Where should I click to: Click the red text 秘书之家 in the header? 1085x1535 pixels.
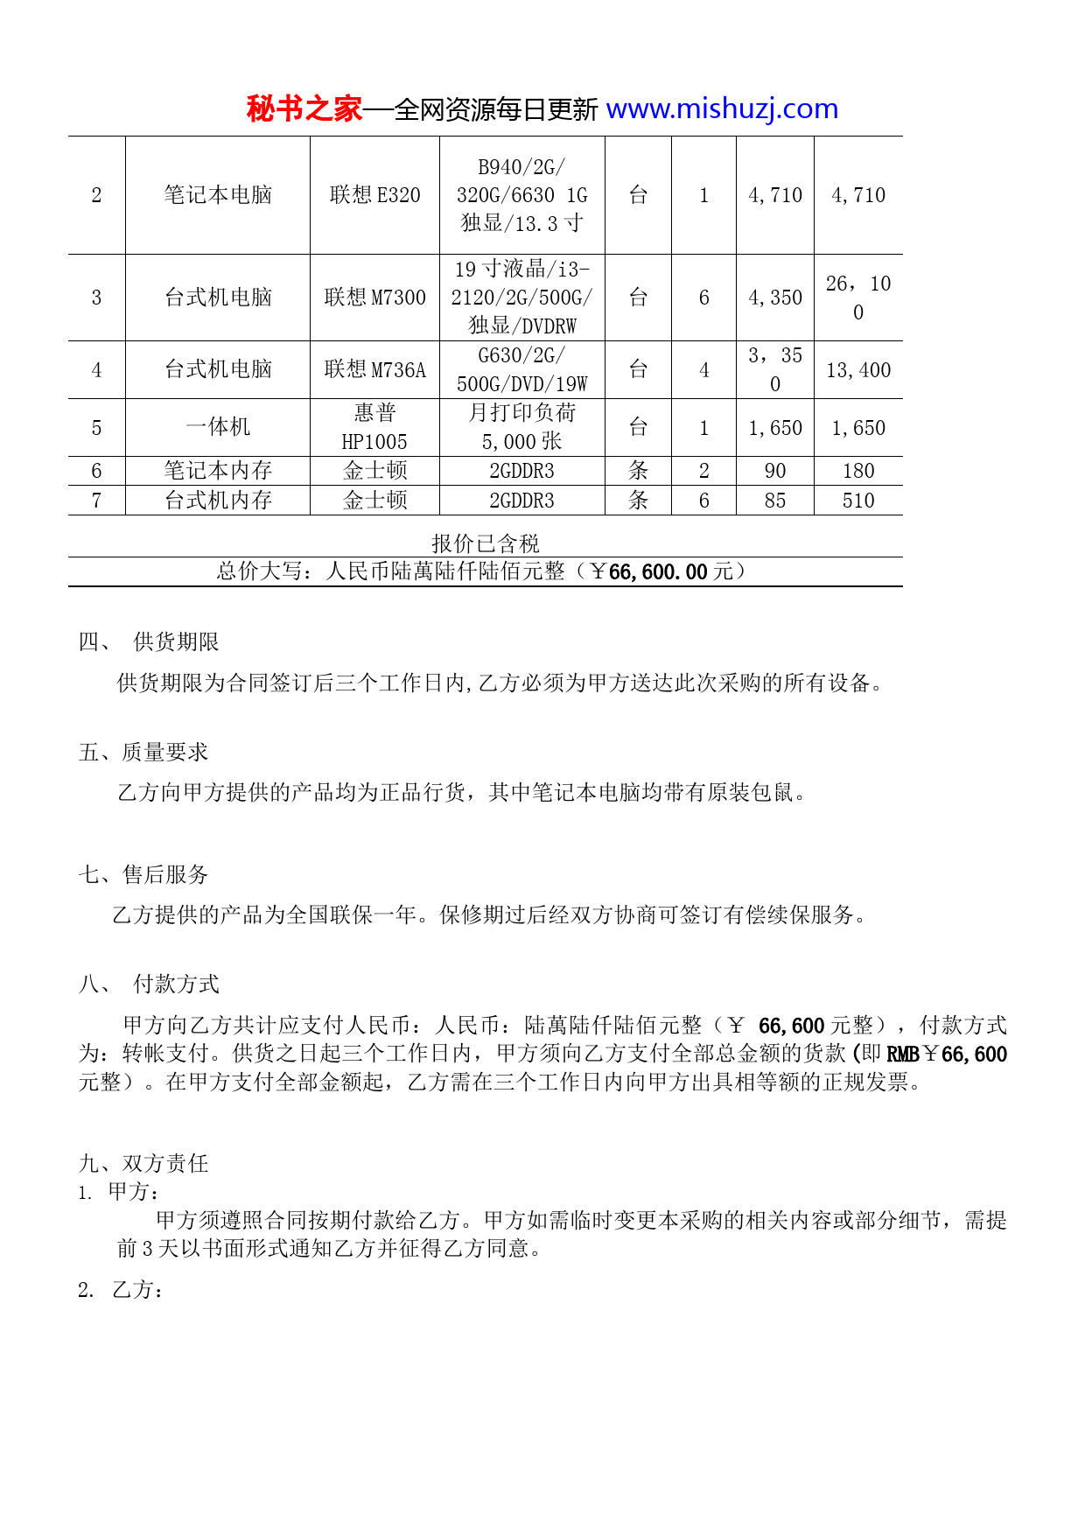(x=304, y=109)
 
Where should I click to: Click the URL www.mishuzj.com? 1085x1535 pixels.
(x=722, y=109)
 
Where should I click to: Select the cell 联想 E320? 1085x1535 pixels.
(x=374, y=195)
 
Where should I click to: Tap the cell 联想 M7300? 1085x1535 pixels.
(x=374, y=298)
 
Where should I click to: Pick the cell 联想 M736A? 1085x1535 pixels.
(x=374, y=370)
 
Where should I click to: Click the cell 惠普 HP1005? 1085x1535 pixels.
(x=374, y=427)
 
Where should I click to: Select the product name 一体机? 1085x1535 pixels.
(x=218, y=427)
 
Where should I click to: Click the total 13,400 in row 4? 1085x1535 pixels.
(x=857, y=370)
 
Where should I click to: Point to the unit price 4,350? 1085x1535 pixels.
(x=774, y=298)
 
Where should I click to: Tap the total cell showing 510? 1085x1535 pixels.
(x=857, y=501)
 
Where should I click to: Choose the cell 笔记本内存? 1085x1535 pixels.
(x=218, y=471)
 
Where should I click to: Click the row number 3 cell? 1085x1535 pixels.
(x=96, y=298)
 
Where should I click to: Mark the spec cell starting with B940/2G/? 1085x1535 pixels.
(x=521, y=195)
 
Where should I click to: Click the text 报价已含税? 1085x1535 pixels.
(x=485, y=543)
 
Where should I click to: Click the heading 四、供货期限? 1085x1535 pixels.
(x=149, y=641)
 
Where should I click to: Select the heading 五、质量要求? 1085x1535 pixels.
(x=143, y=752)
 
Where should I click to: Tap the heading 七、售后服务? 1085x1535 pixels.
(x=143, y=874)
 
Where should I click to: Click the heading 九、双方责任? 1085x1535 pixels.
(x=143, y=1163)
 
